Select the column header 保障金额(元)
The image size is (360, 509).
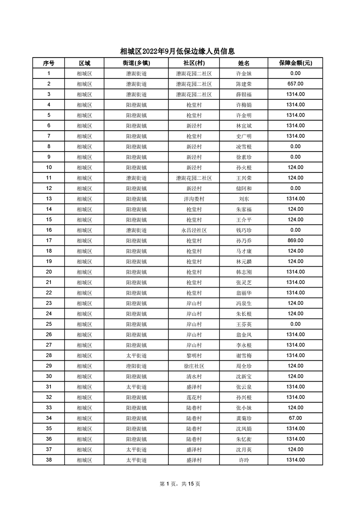295,63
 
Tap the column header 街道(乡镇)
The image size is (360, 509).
136,63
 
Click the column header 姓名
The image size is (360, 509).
244,63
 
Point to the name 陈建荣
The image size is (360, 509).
244,84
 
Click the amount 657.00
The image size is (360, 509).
295,84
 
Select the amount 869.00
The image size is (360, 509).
295,240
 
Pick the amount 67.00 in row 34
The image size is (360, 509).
295,418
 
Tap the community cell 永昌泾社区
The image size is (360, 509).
194,230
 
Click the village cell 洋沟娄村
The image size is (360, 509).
194,199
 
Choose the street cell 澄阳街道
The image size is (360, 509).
136,366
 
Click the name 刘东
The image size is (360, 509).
244,199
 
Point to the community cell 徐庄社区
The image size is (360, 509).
194,366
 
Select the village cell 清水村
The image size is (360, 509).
194,376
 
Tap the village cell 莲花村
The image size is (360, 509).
194,397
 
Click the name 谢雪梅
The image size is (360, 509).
244,355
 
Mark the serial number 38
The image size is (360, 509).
49,460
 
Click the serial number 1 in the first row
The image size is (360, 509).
49,73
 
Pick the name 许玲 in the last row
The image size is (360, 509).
244,460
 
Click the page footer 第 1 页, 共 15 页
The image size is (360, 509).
180,484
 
